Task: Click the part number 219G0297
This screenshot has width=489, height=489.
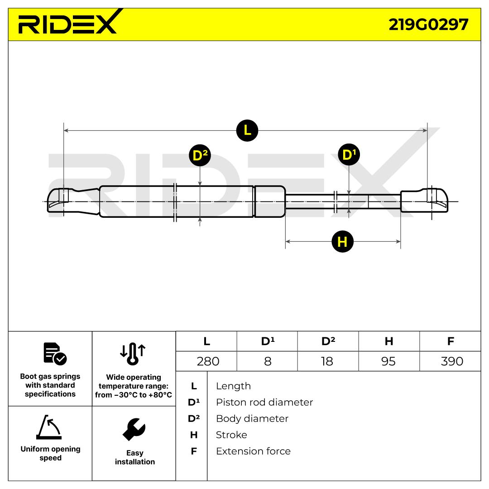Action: coord(428,24)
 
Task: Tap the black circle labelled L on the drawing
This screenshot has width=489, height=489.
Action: coord(247,130)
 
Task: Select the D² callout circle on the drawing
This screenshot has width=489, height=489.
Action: coord(200,155)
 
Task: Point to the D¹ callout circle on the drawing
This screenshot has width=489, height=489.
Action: coord(349,154)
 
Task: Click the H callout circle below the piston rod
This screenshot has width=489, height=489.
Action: coord(342,241)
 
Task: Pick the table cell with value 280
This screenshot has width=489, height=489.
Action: coord(208,361)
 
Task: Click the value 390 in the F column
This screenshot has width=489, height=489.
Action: coord(452,361)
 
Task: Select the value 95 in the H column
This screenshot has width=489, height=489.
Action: coord(388,361)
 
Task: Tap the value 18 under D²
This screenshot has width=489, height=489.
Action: coord(327,361)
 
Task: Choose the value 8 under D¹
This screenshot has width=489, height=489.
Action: coord(268,361)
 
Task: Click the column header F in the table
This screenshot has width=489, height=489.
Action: coord(451,341)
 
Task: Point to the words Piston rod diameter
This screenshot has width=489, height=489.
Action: coord(264,403)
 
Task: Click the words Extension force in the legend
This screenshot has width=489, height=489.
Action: coord(253,451)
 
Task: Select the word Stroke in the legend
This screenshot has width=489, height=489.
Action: coord(231,435)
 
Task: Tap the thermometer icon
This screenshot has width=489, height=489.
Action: coord(133,354)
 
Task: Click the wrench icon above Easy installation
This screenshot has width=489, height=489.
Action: coord(134,429)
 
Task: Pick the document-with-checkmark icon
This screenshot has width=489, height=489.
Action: coord(55,354)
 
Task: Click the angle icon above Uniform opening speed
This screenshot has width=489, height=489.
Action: coord(49,427)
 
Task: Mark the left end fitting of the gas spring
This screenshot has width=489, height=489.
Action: coord(74,201)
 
